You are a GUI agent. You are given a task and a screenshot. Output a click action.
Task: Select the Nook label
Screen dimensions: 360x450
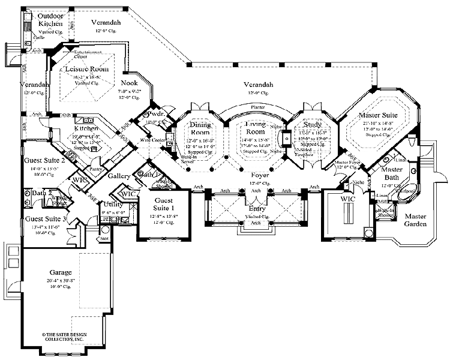pos(129,83)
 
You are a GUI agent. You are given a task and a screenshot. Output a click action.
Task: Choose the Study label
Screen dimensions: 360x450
pos(312,125)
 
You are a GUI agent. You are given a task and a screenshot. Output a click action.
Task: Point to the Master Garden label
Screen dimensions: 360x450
pos(414,220)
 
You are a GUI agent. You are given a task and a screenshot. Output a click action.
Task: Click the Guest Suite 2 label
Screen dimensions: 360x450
pos(45,161)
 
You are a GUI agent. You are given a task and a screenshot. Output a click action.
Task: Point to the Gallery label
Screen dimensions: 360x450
pos(120,177)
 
